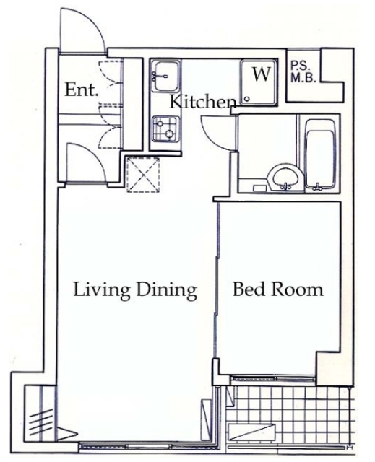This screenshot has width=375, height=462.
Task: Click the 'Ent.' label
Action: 81,90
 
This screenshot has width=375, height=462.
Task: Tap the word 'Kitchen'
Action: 204,102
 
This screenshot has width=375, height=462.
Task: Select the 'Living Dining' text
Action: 135,290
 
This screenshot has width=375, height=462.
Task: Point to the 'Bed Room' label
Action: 278,289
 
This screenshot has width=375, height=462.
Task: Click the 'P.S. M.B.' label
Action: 303,72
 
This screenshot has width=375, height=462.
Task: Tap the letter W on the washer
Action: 262,74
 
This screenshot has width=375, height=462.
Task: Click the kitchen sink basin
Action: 166,76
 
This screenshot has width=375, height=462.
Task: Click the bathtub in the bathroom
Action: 320,153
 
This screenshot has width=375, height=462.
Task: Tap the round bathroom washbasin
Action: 285,177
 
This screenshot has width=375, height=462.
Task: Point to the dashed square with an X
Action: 143,175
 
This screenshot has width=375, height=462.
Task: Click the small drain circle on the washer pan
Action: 247,100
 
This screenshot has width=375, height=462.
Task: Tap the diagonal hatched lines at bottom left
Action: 41,420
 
